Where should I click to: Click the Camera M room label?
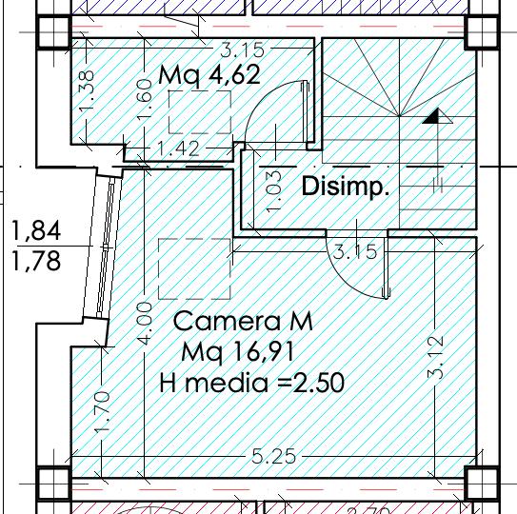(x=243, y=322)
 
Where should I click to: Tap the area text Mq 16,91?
(x=238, y=352)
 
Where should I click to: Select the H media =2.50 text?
(x=252, y=383)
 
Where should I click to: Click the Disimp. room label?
(x=346, y=187)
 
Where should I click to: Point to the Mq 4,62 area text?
(x=209, y=75)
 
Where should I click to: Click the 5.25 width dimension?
(x=273, y=456)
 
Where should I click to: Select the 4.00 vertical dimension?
(x=145, y=324)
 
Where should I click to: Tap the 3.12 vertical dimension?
(x=436, y=357)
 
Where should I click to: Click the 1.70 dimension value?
(x=102, y=412)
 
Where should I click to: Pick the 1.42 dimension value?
(x=178, y=148)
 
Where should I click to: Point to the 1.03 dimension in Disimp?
(x=274, y=190)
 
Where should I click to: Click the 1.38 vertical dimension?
(x=87, y=91)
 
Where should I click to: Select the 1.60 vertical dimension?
(x=145, y=99)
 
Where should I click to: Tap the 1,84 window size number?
(x=36, y=230)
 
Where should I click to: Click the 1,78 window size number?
(x=36, y=261)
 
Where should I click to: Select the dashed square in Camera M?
(x=194, y=269)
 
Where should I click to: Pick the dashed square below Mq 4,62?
(x=200, y=112)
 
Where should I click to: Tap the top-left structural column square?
(x=53, y=32)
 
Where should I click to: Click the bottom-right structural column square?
(x=482, y=484)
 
